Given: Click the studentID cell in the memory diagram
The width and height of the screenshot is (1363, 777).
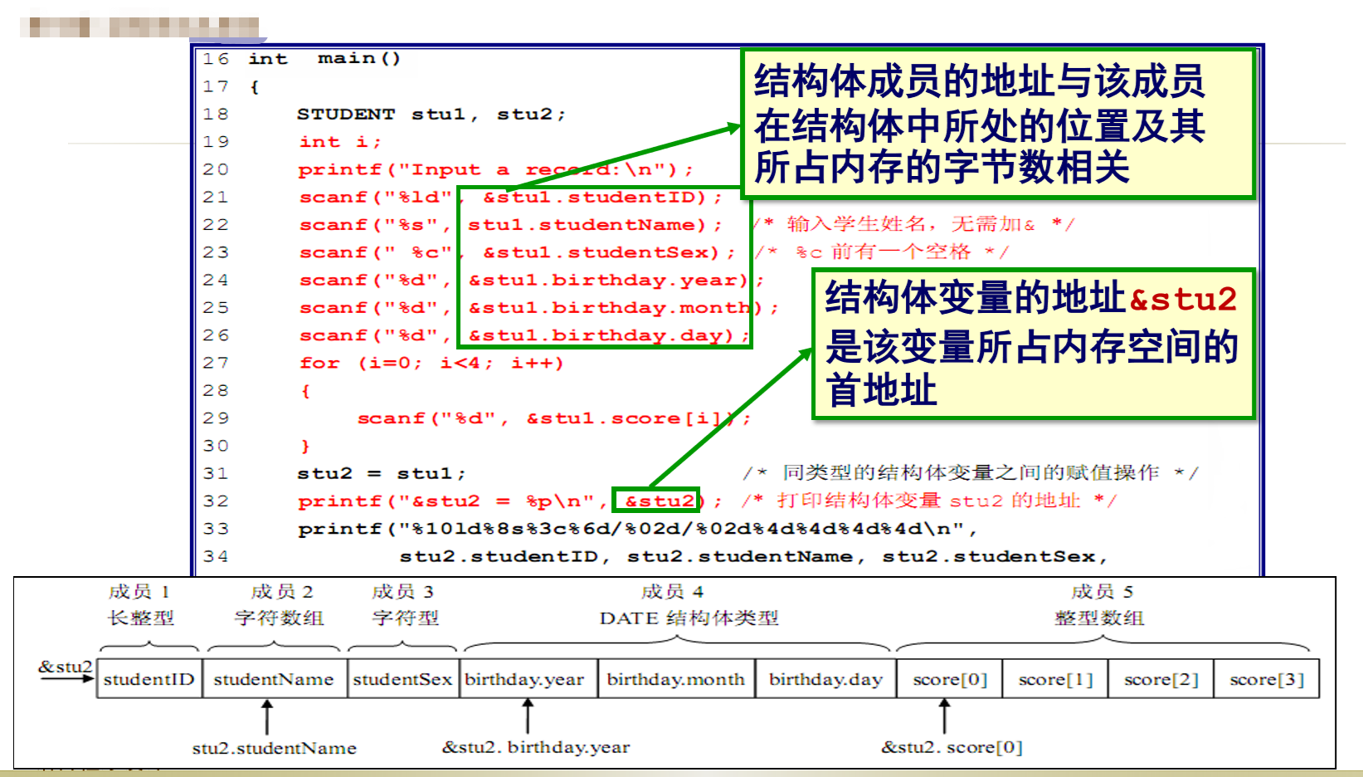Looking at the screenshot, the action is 149,679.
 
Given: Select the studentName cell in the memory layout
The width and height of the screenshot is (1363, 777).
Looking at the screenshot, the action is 274,679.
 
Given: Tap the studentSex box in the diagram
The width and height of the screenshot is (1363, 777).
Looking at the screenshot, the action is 402,679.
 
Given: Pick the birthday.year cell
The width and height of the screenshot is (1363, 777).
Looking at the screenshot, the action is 525,679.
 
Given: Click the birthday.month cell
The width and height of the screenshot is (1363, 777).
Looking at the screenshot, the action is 676,679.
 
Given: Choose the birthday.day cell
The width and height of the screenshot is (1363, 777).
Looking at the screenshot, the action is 825,679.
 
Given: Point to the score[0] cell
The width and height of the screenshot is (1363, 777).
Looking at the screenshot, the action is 950,679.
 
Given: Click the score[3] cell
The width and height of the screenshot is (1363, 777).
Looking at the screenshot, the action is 1267,679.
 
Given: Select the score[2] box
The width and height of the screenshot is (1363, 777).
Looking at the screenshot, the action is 1161,679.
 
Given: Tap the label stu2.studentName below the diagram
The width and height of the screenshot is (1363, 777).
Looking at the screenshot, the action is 275,748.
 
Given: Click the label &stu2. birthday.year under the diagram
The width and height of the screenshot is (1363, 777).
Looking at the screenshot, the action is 536,747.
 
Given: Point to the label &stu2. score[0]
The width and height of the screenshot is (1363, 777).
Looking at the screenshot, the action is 952,747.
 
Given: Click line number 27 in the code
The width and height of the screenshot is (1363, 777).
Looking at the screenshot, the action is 215,363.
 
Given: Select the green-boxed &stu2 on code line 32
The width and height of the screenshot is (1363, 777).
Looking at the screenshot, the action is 659,501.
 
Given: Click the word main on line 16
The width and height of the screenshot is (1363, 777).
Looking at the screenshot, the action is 346,58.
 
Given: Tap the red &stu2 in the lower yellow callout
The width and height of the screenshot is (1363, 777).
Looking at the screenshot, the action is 1183,299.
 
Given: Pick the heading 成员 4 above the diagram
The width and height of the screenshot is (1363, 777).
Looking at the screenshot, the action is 672,592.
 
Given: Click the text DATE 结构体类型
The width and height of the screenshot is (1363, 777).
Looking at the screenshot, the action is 689,618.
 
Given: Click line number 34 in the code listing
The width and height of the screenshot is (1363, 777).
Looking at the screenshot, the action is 215,556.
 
